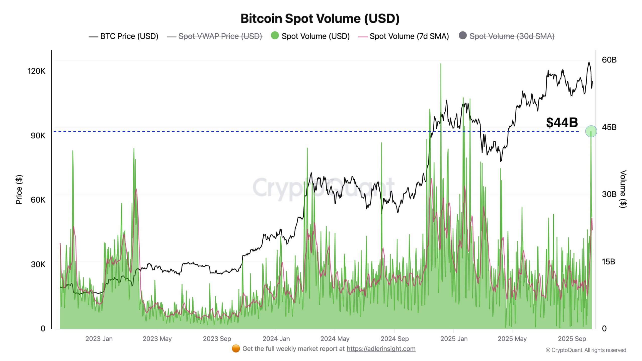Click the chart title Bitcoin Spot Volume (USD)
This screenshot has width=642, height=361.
click(x=320, y=19)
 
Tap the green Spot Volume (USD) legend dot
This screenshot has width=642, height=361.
click(x=275, y=35)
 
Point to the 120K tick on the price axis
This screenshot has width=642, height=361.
click(x=36, y=71)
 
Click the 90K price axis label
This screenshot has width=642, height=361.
click(x=38, y=136)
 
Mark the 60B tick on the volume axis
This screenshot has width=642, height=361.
click(x=609, y=60)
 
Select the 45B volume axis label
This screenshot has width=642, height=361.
click(x=609, y=127)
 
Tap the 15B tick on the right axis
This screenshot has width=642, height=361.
click(x=608, y=262)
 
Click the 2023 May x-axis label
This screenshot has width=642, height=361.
click(x=157, y=339)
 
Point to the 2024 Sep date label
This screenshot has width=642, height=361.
click(x=394, y=339)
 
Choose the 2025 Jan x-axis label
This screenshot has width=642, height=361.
click(x=454, y=339)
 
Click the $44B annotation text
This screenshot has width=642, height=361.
click(x=562, y=123)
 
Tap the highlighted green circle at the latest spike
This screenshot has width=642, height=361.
click(x=591, y=131)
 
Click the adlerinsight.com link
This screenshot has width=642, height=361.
click(x=381, y=349)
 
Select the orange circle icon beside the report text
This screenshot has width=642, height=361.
click(x=236, y=349)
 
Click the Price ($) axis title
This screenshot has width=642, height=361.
click(x=19, y=190)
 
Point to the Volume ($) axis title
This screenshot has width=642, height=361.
click(x=623, y=189)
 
